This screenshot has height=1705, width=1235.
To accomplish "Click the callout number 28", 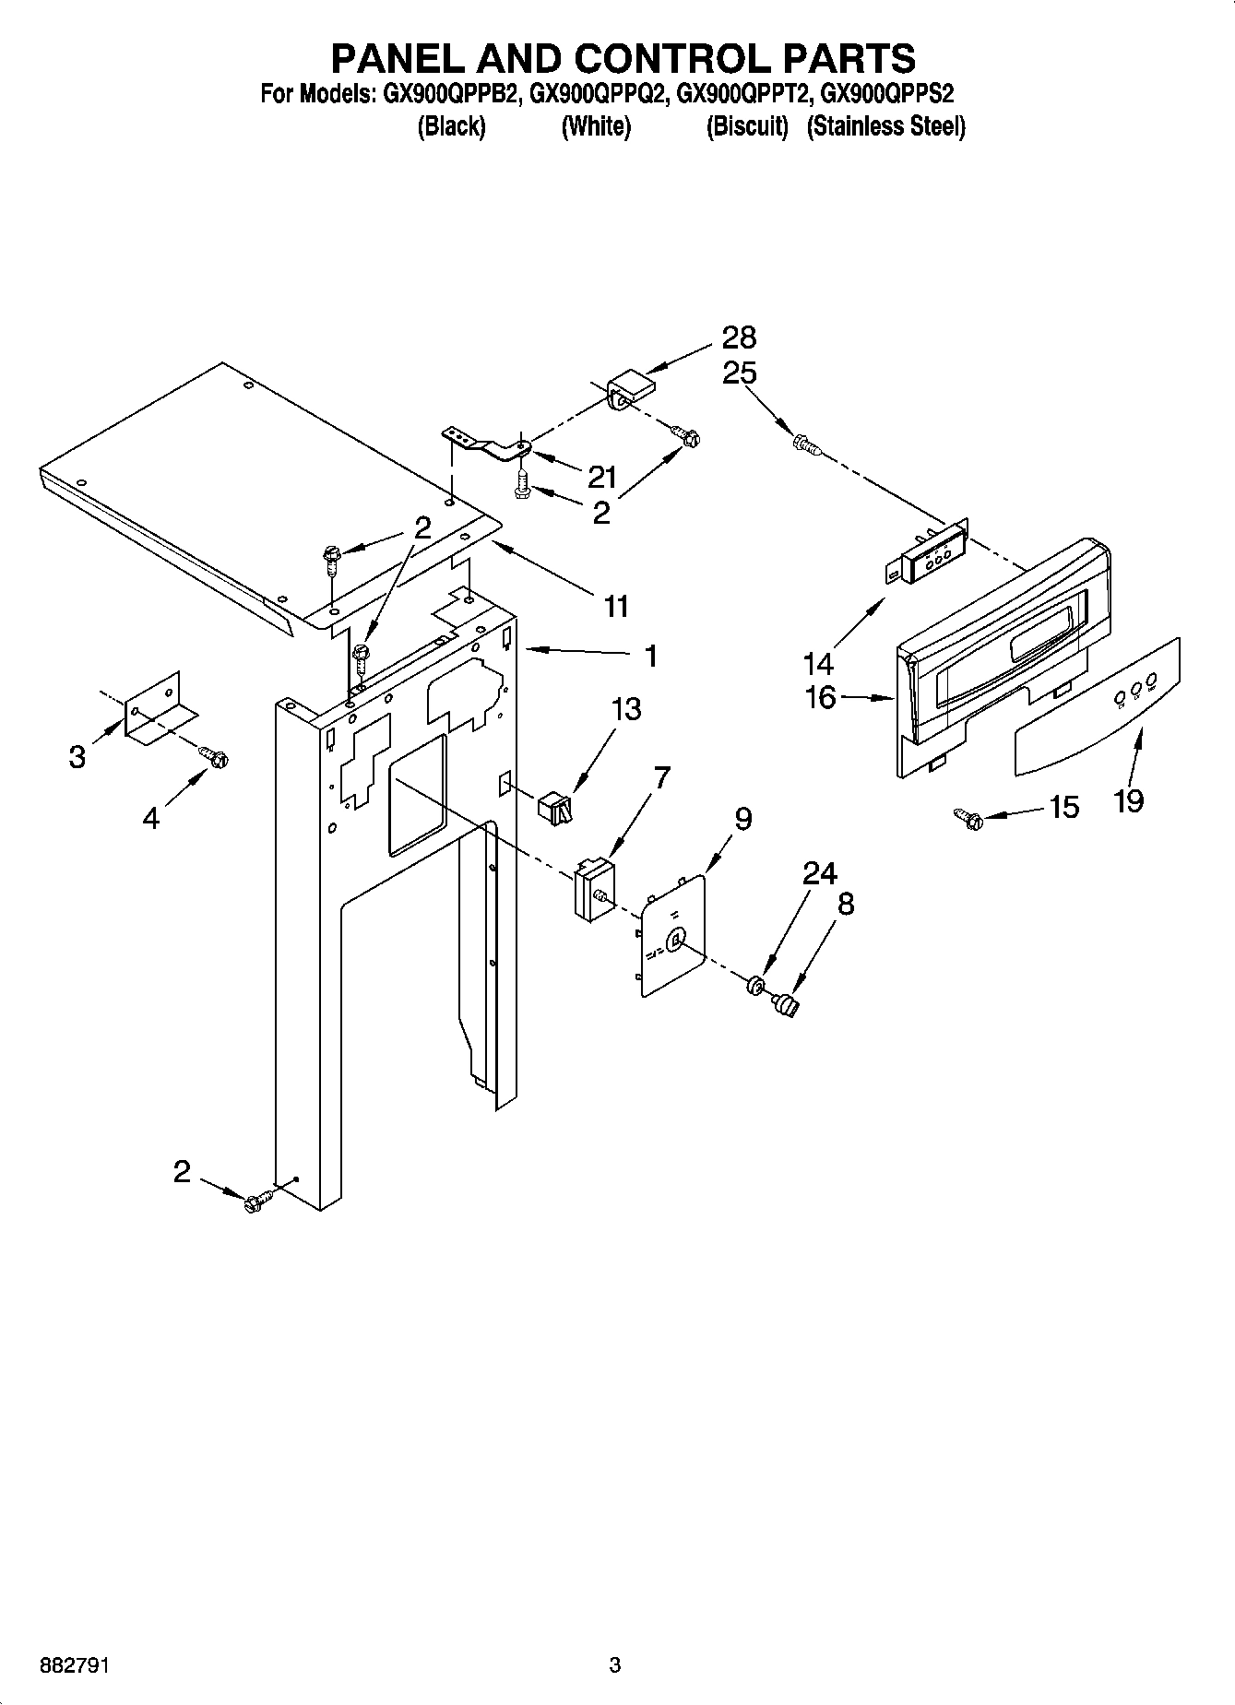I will pos(739,337).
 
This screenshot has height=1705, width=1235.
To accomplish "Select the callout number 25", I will pos(739,373).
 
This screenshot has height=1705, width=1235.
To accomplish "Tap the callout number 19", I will pos(1128,800).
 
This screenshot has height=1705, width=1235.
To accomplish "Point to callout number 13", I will pos(625,709).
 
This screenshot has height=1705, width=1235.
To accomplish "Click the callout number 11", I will pos(615,606).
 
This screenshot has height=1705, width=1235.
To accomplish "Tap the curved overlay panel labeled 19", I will pos(1098,707).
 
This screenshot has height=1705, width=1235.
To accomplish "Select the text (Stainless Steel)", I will pos(885,127).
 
